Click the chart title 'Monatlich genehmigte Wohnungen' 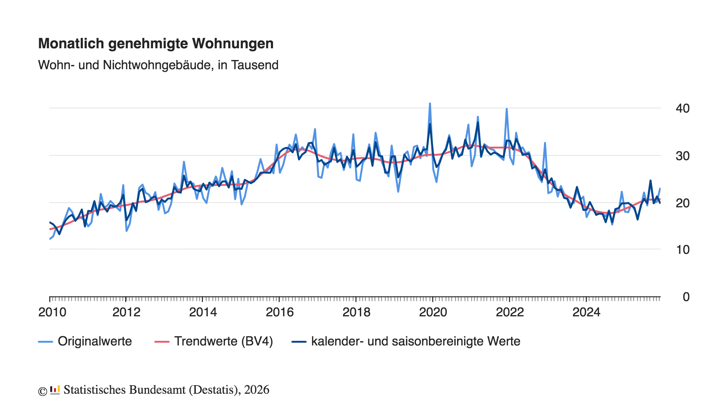click(156, 44)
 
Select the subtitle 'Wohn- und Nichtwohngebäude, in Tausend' click(158, 65)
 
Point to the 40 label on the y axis click(682, 108)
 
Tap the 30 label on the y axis click(682, 156)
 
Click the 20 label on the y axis click(682, 203)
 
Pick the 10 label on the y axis click(682, 250)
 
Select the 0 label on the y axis click(686, 297)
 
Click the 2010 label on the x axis click(52, 312)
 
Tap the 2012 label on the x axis click(126, 312)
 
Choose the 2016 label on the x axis click(280, 312)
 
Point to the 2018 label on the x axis click(356, 312)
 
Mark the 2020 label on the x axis click(433, 312)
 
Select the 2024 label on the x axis click(586, 312)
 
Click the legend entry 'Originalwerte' click(85, 341)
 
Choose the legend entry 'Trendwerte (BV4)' click(214, 341)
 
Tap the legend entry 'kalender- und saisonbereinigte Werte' click(406, 341)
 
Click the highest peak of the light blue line click(430, 103)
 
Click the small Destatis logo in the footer click(55, 390)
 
